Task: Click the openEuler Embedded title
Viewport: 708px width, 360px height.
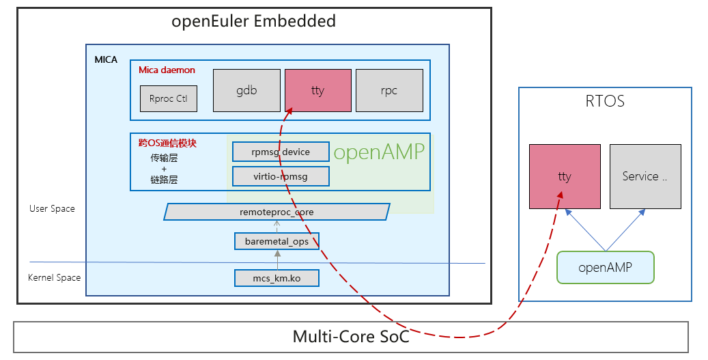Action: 254,21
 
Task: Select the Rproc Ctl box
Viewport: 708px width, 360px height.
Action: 168,98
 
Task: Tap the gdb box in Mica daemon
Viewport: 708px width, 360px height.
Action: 246,90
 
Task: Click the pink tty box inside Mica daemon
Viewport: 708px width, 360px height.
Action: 317,90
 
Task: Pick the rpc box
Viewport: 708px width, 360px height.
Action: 389,90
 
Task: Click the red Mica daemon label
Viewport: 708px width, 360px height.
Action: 167,70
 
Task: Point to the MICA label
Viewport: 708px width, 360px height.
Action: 106,59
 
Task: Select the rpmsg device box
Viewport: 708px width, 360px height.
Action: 281,152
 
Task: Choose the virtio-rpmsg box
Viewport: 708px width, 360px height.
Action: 281,176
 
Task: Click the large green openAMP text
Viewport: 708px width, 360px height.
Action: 379,152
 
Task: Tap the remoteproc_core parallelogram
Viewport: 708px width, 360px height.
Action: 277,212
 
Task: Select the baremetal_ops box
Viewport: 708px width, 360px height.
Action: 277,240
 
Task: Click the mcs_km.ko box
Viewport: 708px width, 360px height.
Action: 277,277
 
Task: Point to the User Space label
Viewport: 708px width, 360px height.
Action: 52,208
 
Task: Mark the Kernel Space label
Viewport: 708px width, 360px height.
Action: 54,277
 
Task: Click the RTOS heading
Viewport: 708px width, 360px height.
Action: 605,102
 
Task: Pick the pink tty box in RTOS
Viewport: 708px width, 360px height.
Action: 565,176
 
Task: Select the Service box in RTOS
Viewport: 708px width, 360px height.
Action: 645,176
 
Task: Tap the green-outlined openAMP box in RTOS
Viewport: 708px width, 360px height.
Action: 605,267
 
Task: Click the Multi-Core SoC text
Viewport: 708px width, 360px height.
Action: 351,336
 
